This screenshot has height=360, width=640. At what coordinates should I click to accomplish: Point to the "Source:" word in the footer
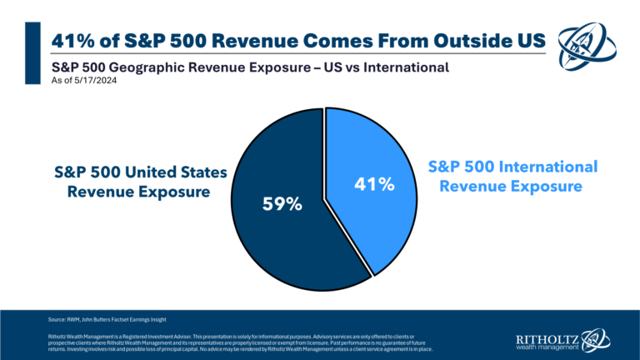point(58,319)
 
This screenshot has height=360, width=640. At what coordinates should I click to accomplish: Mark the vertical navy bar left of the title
point(34,52)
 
